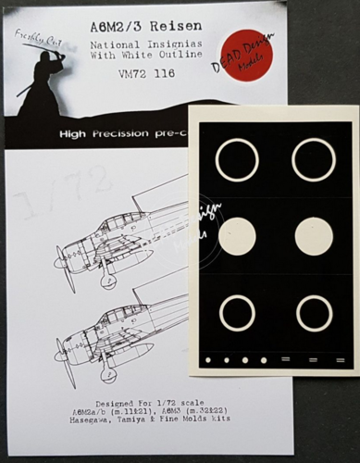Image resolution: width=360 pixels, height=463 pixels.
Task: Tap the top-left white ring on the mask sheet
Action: coord(236,159)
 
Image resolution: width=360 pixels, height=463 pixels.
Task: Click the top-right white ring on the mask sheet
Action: coord(313,159)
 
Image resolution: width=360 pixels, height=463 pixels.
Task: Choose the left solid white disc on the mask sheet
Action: coord(236,236)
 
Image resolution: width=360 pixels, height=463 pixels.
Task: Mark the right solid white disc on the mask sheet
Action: coord(314,236)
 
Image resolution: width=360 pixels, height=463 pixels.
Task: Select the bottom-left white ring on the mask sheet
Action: coord(236,313)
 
